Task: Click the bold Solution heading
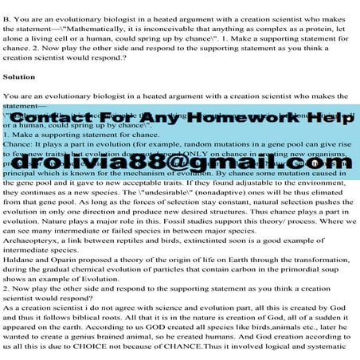tap(19, 77)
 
